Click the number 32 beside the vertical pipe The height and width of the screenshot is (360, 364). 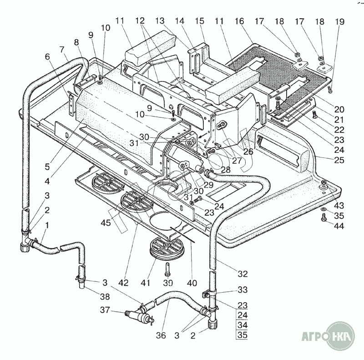(243, 274)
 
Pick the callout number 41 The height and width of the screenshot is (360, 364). (145, 283)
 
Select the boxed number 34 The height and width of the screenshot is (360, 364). (243, 325)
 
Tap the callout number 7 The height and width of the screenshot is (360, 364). (61, 48)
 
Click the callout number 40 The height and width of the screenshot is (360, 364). (192, 283)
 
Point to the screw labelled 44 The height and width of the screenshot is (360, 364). (324, 219)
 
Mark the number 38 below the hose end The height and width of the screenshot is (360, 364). (105, 296)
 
